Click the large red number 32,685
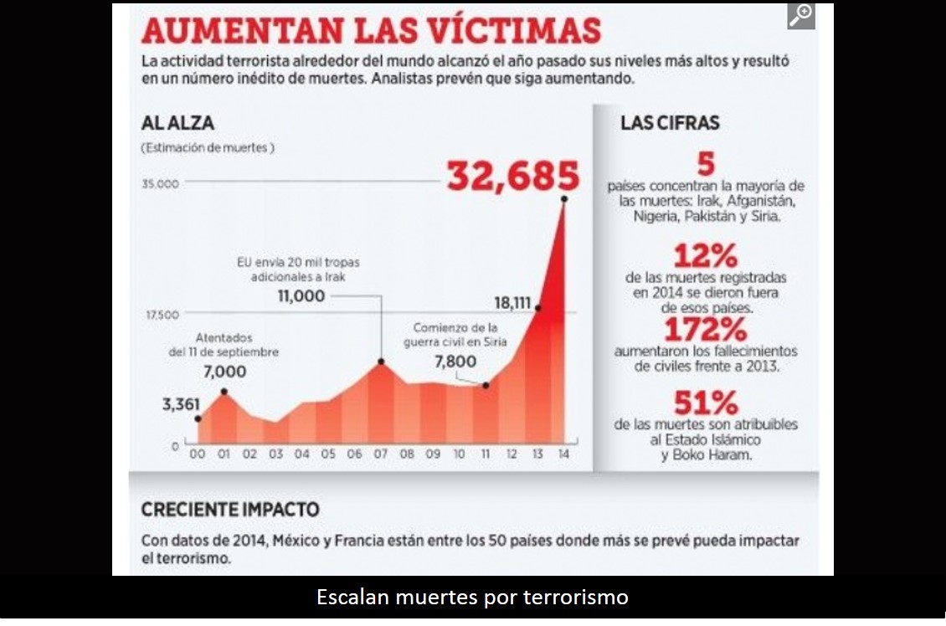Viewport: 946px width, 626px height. pyautogui.click(x=512, y=177)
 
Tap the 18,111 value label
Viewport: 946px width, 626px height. pyautogui.click(x=513, y=302)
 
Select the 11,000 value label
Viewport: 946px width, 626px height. pyautogui.click(x=301, y=295)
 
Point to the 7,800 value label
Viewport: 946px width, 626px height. pyautogui.click(x=455, y=362)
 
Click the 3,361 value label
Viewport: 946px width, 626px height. pyautogui.click(x=181, y=406)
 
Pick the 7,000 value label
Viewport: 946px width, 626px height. pyautogui.click(x=224, y=372)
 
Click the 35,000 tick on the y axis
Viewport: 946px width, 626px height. pyautogui.click(x=161, y=184)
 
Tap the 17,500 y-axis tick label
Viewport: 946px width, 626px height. pyautogui.click(x=161, y=315)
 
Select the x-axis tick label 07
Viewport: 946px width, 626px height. pyautogui.click(x=381, y=454)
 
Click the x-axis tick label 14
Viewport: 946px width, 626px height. pyautogui.click(x=563, y=454)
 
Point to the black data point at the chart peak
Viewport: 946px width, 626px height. pyautogui.click(x=565, y=198)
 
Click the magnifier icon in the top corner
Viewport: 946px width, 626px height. pyautogui.click(x=801, y=16)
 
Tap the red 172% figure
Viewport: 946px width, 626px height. pyautogui.click(x=705, y=328)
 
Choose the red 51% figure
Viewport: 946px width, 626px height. pyautogui.click(x=705, y=404)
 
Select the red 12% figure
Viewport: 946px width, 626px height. pyautogui.click(x=705, y=254)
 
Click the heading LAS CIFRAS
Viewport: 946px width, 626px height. pyautogui.click(x=670, y=123)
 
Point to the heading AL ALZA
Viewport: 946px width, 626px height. pyautogui.click(x=177, y=123)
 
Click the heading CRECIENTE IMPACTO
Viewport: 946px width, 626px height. pyautogui.click(x=230, y=509)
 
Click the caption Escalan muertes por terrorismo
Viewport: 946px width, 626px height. pyautogui.click(x=472, y=598)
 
